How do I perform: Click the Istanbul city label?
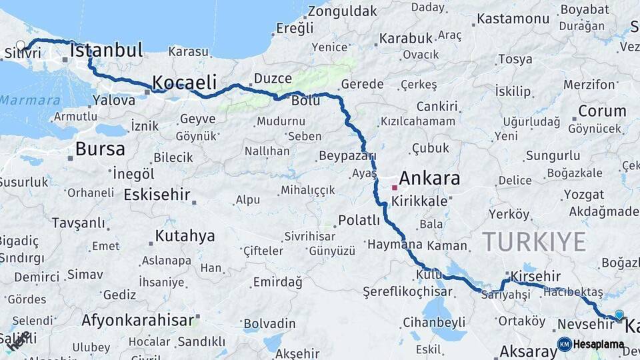pyautogui.click(x=106, y=50)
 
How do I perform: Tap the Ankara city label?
pyautogui.click(x=429, y=179)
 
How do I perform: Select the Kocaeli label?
pyautogui.click(x=185, y=83)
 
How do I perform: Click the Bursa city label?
pyautogui.click(x=100, y=149)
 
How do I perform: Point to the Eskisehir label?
pyautogui.click(x=157, y=195)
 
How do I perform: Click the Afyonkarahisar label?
pyautogui.click(x=138, y=320)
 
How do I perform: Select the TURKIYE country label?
pyautogui.click(x=534, y=241)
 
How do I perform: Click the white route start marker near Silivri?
pyautogui.click(x=21, y=46)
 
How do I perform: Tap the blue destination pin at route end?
pyautogui.click(x=619, y=315)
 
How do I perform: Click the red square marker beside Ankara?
pyautogui.click(x=394, y=188)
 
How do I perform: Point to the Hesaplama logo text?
pyautogui.click(x=599, y=345)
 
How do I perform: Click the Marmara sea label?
pyautogui.click(x=30, y=101)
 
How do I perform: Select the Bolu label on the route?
pyautogui.click(x=306, y=101)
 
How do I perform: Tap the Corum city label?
pyautogui.click(x=602, y=111)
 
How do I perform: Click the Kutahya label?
pyautogui.click(x=185, y=236)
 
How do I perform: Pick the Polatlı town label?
pyautogui.click(x=359, y=220)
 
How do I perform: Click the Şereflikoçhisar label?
pyautogui.click(x=407, y=292)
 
